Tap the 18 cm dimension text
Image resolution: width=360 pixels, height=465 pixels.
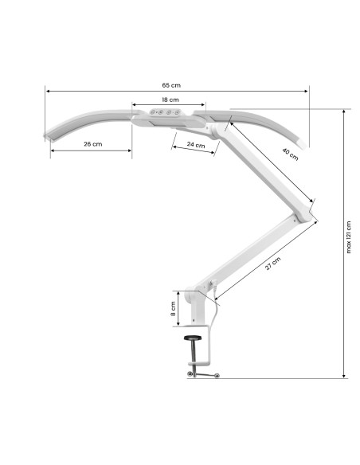click(x=169, y=100)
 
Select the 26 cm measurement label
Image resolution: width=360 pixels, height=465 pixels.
click(x=92, y=144)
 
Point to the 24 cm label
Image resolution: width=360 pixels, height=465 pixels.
click(x=195, y=145)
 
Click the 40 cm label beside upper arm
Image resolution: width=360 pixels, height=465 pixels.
click(x=289, y=154)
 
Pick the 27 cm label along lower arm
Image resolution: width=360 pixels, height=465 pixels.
click(x=272, y=264)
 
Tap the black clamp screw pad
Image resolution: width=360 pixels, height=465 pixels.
click(x=194, y=339)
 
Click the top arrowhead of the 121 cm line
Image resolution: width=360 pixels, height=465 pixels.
click(x=343, y=111)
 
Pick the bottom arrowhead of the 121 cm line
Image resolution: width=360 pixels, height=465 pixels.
click(x=343, y=377)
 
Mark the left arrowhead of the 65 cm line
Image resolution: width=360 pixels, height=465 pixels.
click(x=47, y=92)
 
